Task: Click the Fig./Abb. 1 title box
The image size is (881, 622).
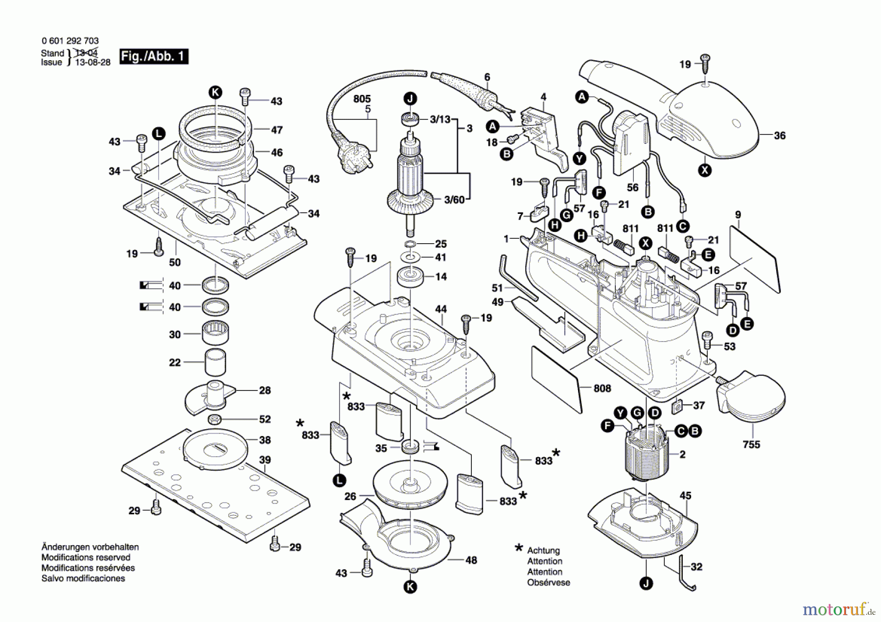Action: [154, 57]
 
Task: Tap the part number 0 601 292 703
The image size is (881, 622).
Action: [70, 41]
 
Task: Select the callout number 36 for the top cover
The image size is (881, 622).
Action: [780, 136]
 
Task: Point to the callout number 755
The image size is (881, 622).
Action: [751, 444]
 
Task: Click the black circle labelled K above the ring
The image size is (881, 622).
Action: [215, 92]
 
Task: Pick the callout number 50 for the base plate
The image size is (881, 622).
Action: [175, 262]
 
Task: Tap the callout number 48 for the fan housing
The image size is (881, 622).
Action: [471, 560]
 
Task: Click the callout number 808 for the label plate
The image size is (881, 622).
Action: [602, 388]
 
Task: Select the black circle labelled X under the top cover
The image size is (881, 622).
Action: [705, 170]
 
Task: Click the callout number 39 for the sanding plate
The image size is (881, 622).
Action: [265, 460]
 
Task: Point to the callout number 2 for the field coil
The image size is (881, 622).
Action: [682, 455]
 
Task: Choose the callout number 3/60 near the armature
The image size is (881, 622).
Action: [454, 200]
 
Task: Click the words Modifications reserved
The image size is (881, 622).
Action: [86, 557]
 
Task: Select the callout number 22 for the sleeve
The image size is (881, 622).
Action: [175, 363]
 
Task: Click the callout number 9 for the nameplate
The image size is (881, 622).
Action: [738, 215]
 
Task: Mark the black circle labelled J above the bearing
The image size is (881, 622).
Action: [410, 98]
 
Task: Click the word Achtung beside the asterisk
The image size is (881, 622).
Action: [543, 551]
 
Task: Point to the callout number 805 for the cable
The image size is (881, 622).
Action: [362, 99]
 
